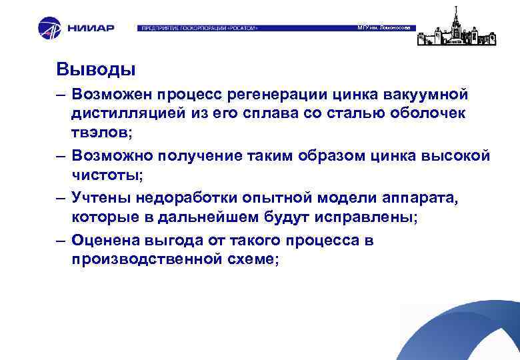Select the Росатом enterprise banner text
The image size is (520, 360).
point(198,29)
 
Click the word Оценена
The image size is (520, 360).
point(107,240)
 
